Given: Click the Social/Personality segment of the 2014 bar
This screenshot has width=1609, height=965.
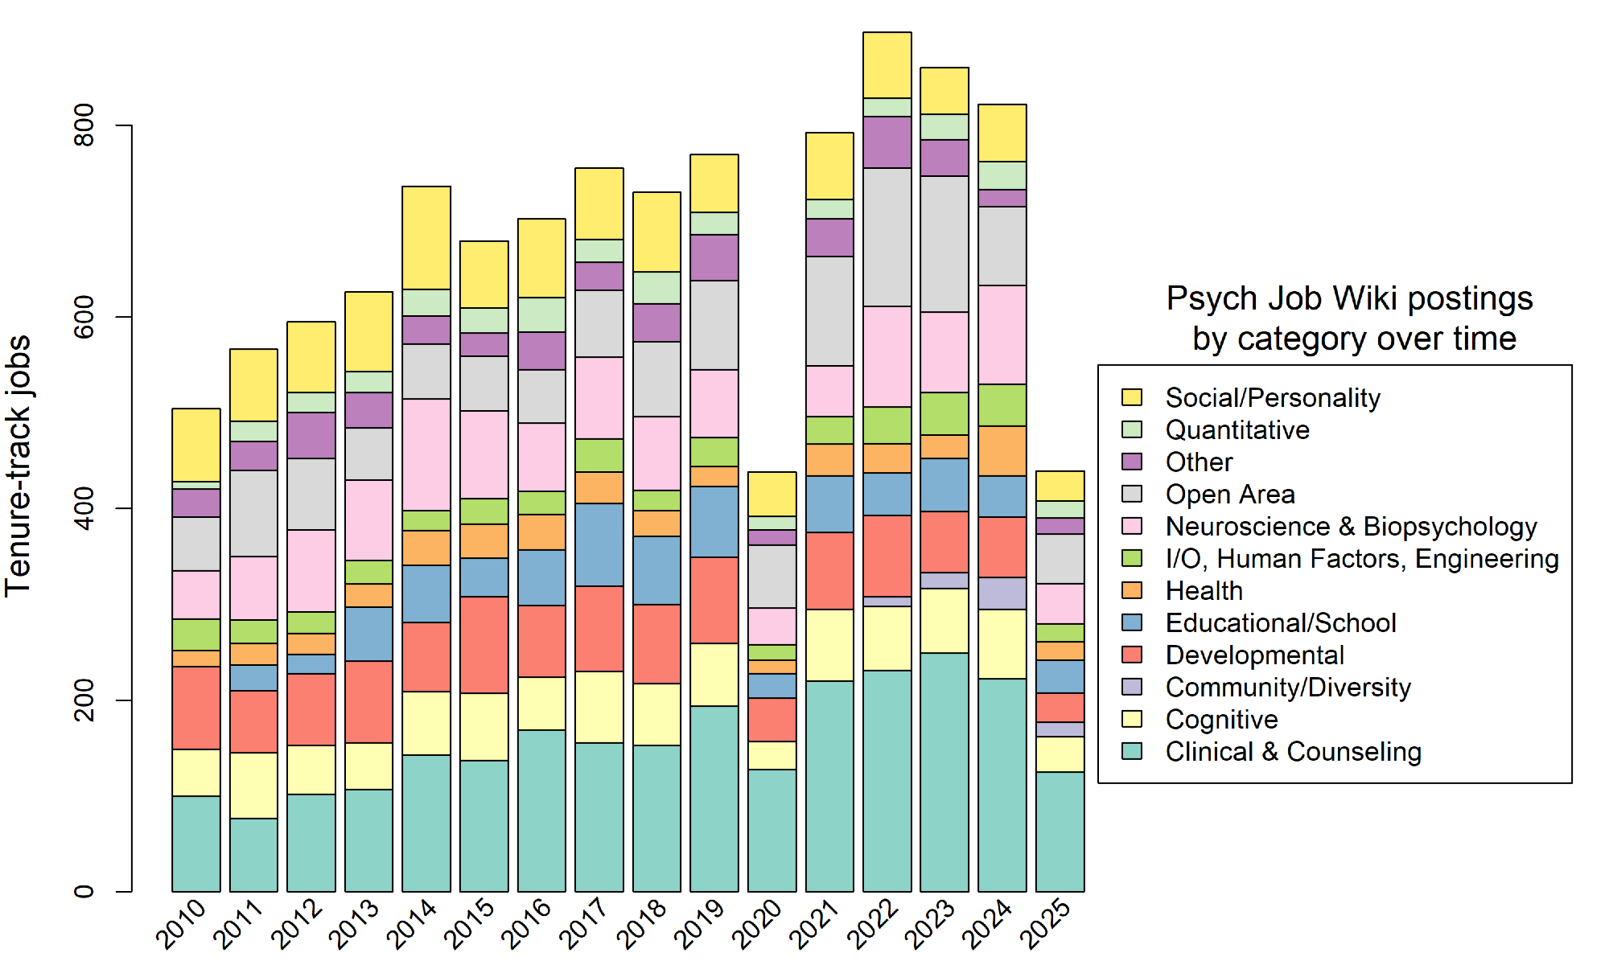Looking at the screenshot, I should pyautogui.click(x=426, y=238).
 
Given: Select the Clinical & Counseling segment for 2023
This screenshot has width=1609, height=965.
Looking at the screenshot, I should pyautogui.click(x=944, y=772).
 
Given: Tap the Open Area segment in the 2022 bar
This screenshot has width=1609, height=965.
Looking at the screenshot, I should pyautogui.click(x=887, y=237).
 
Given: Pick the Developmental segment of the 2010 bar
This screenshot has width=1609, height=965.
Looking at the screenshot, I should pyautogui.click(x=196, y=708).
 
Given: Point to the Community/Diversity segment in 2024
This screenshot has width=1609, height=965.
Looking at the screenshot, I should pyautogui.click(x=1002, y=593).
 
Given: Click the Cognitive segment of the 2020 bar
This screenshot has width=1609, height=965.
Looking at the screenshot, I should pyautogui.click(x=772, y=755).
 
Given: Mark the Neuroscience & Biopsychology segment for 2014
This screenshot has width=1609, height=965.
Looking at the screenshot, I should pyautogui.click(x=426, y=454).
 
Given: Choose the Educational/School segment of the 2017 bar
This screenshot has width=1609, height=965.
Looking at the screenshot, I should pyautogui.click(x=599, y=544).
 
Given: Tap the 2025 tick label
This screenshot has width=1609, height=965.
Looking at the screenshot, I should pyautogui.click(x=1047, y=924).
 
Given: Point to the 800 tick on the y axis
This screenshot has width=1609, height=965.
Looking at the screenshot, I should pyautogui.click(x=84, y=125).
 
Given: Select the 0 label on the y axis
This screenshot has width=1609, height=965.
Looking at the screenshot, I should pyautogui.click(x=84, y=891).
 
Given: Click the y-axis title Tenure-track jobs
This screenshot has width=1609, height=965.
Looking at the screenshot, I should pyautogui.click(x=18, y=466).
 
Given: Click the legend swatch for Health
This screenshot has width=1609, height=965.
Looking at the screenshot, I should pyautogui.click(x=1132, y=590).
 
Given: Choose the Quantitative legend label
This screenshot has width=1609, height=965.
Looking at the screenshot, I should pyautogui.click(x=1237, y=430).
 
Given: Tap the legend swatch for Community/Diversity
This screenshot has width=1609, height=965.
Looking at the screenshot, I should pyautogui.click(x=1132, y=687).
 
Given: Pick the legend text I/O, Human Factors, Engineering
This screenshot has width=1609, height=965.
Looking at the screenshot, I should pyautogui.click(x=1362, y=559).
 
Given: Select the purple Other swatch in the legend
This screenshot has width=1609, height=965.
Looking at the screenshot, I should pyautogui.click(x=1132, y=462).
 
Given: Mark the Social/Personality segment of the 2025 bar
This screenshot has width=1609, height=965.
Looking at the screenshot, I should pyautogui.click(x=1060, y=486).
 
